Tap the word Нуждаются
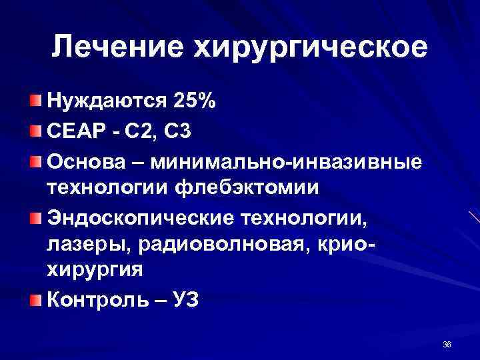105,101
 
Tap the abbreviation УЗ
182,301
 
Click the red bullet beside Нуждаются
35,101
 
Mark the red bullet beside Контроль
35,300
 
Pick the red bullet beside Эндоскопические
35,217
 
